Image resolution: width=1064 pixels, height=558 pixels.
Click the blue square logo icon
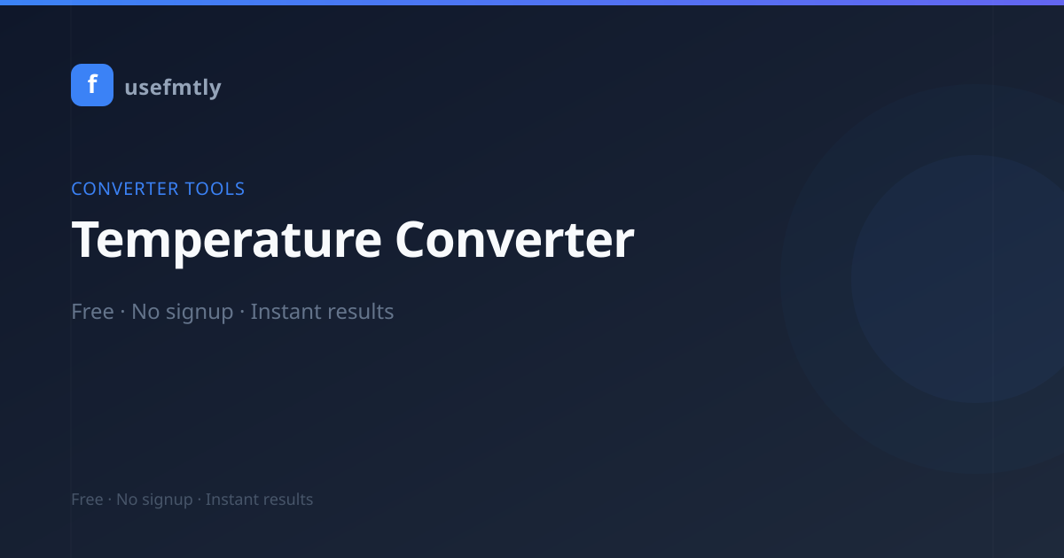click(x=92, y=85)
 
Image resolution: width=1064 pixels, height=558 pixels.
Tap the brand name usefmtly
click(x=173, y=88)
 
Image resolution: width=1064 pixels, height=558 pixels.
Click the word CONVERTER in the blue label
click(x=125, y=189)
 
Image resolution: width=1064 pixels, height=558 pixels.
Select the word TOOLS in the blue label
click(x=215, y=189)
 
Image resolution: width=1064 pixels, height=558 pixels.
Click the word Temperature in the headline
click(x=227, y=241)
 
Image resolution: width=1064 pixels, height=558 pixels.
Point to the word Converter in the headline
click(x=515, y=240)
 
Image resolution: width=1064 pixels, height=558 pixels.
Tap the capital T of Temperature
click(x=88, y=239)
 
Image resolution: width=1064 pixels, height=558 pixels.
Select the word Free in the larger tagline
click(x=92, y=312)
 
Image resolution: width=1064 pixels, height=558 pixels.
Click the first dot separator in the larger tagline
click(x=122, y=312)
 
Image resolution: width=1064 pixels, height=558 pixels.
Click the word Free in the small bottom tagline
click(x=88, y=500)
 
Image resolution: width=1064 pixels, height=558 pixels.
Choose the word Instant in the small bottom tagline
click(x=231, y=500)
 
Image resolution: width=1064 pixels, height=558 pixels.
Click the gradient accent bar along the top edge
click(x=532, y=3)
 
